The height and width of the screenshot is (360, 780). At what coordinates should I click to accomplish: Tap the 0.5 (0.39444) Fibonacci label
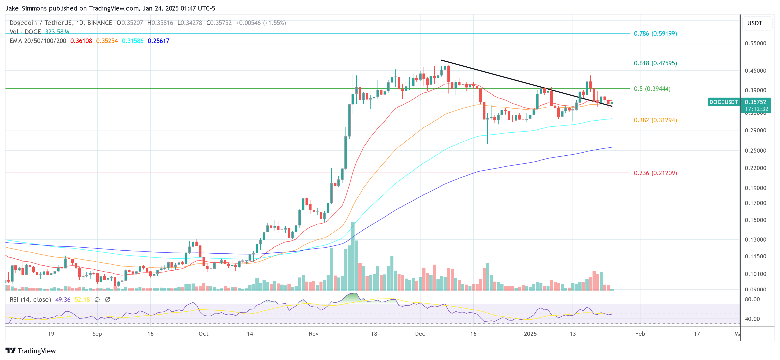(x=652, y=89)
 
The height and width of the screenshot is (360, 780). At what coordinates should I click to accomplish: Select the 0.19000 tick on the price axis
(x=755, y=188)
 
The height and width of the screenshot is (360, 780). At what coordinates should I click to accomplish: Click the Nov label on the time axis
(x=313, y=334)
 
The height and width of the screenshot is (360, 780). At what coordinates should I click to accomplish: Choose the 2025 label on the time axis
(x=530, y=334)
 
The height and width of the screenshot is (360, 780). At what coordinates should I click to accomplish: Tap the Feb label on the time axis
(x=640, y=334)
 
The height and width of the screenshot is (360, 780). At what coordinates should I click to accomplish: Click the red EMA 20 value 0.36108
(x=81, y=41)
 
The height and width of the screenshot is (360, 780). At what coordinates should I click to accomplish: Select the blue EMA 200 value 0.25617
(x=158, y=41)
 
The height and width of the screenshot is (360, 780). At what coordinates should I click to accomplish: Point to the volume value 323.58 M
(x=57, y=32)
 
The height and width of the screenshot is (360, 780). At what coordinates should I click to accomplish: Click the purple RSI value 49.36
(x=63, y=300)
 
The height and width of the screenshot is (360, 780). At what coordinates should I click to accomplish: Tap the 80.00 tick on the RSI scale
(x=752, y=299)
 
